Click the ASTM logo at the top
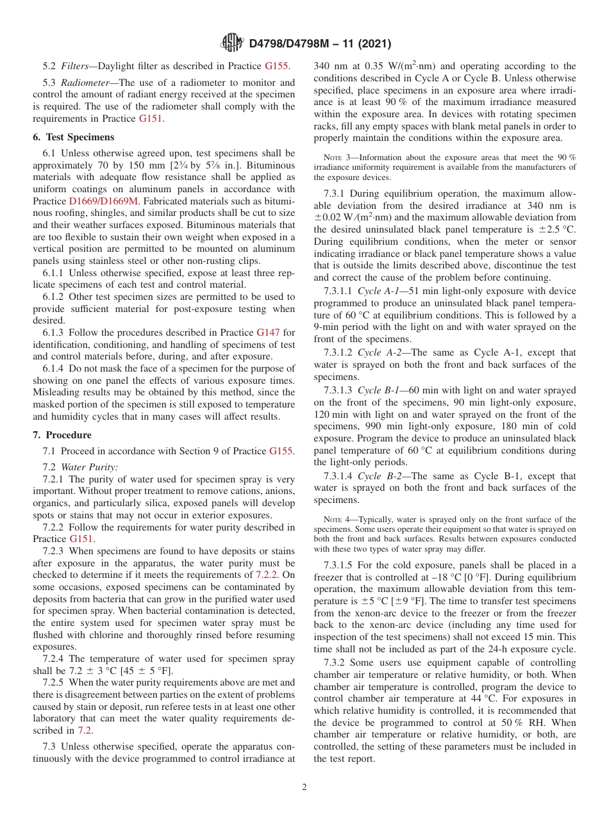[x=231, y=43]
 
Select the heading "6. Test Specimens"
[x=73, y=137]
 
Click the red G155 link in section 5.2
[x=277, y=65]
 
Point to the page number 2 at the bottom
[x=304, y=787]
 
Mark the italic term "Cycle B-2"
[x=380, y=476]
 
